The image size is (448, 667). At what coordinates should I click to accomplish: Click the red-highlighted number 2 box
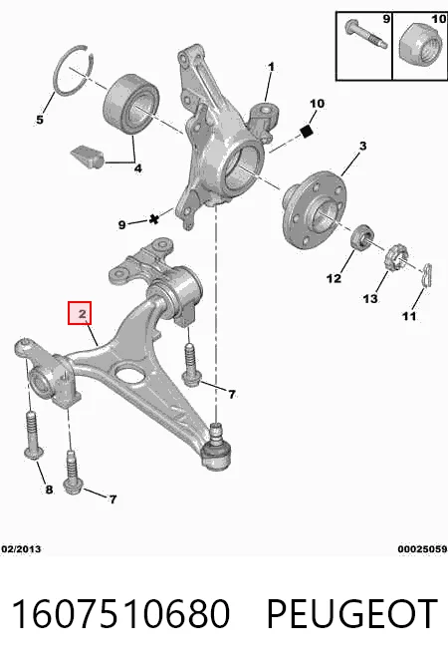click(x=80, y=313)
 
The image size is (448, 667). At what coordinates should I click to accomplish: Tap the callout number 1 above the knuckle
click(x=271, y=67)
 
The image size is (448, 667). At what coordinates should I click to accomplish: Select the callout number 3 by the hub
click(x=362, y=146)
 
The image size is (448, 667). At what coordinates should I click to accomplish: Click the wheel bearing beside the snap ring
click(x=131, y=105)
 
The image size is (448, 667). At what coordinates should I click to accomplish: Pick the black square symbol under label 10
click(x=306, y=132)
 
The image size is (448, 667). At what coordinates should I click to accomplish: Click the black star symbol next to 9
click(x=154, y=219)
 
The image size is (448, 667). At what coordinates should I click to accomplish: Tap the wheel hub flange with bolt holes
click(x=315, y=208)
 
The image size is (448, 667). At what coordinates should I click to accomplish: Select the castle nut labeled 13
click(x=396, y=257)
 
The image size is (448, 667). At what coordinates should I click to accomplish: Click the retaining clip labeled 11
click(x=427, y=275)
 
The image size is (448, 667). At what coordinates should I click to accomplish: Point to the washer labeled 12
click(x=361, y=237)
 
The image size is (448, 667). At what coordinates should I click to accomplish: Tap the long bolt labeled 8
click(x=33, y=435)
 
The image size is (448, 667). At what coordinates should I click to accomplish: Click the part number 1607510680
click(x=121, y=614)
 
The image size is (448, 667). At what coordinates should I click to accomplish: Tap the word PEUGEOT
click(x=351, y=614)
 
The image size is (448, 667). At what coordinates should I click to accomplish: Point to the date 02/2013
click(x=21, y=549)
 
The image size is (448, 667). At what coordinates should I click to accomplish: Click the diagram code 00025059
click(x=422, y=549)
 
